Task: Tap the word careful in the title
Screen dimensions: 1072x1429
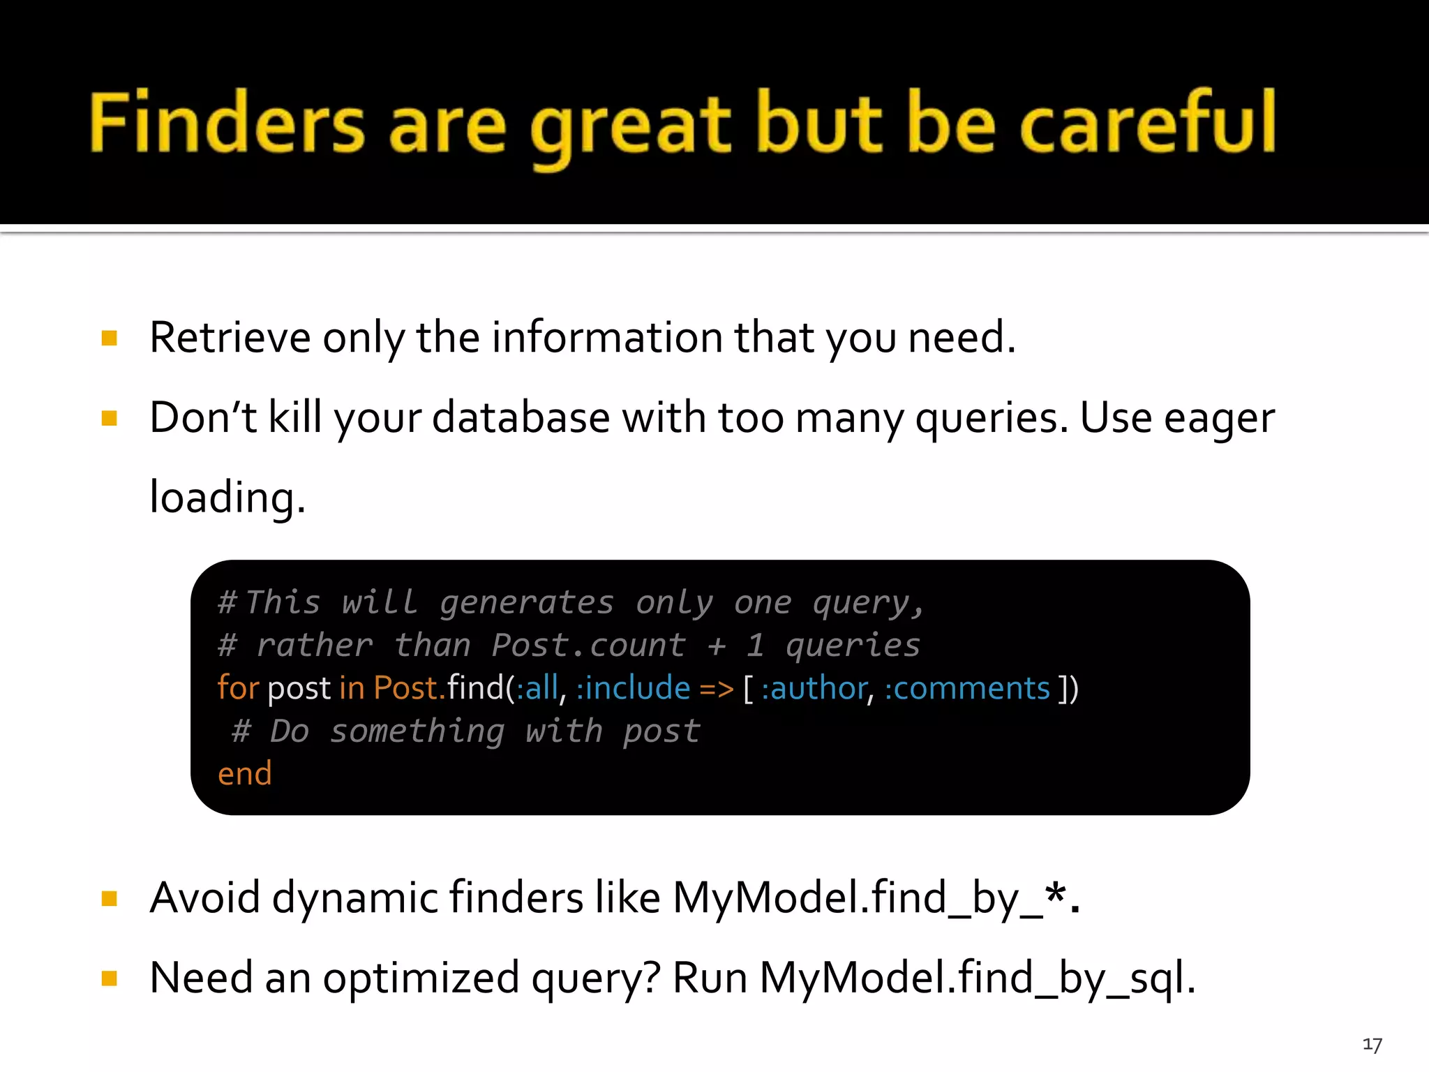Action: point(1149,124)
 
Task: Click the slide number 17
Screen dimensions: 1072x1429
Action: point(1372,1045)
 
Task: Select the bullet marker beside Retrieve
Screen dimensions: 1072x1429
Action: point(110,339)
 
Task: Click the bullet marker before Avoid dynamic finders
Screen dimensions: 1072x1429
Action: point(110,898)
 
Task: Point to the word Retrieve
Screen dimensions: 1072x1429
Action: point(230,338)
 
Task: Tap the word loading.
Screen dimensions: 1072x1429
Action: point(227,498)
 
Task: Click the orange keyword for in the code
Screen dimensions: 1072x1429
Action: point(238,688)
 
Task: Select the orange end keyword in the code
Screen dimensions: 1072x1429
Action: point(244,774)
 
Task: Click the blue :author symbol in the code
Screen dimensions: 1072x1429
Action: point(814,689)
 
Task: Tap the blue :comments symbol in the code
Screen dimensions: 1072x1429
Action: point(967,689)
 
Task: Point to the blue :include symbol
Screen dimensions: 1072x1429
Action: point(633,689)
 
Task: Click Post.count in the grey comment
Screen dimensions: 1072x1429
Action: point(588,646)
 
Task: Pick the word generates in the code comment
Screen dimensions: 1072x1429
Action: point(527,603)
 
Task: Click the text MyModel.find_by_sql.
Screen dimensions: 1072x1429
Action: point(977,978)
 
